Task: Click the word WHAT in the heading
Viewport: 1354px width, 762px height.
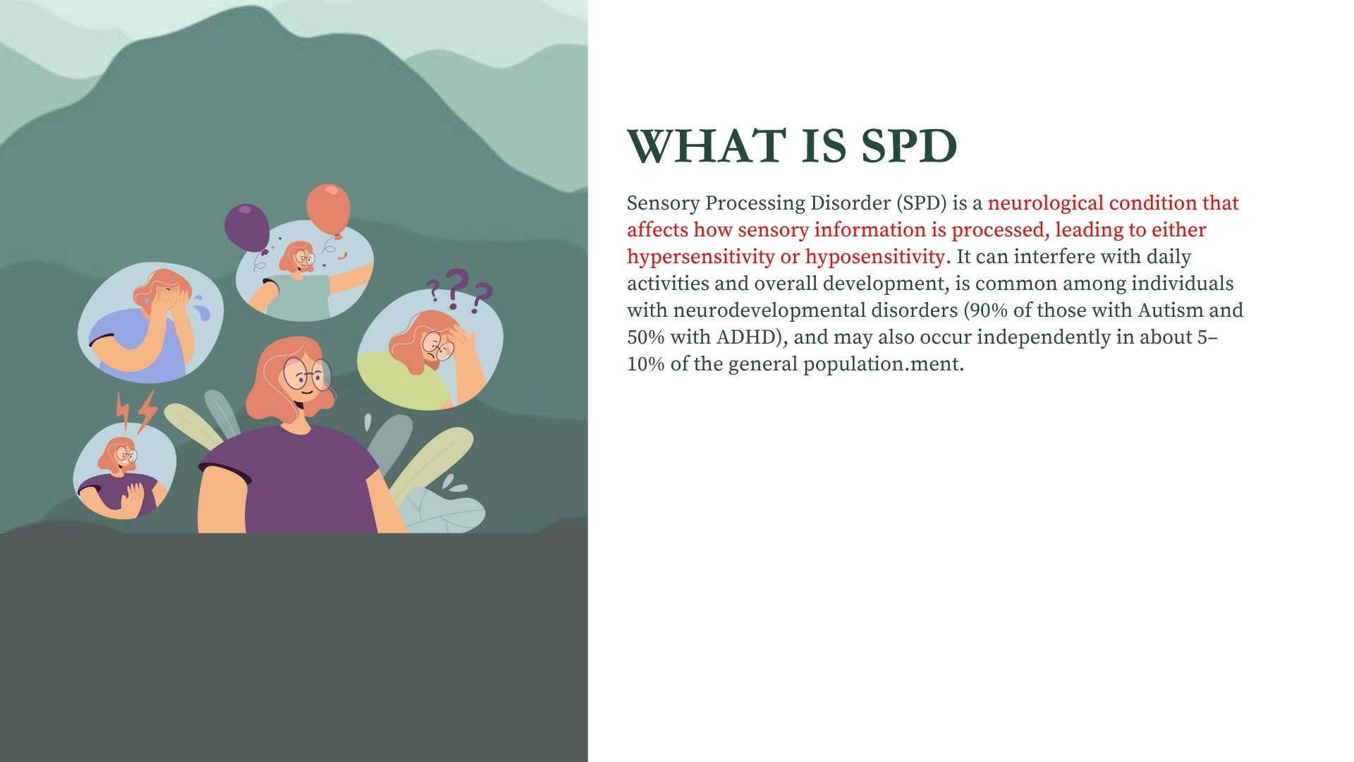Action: coord(706,146)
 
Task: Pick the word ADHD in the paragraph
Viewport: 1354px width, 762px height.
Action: coord(751,337)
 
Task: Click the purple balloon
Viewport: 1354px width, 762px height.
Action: coord(247,226)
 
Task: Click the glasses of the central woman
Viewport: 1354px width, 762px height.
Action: coord(307,374)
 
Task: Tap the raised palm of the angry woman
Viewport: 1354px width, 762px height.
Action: coord(132,499)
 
